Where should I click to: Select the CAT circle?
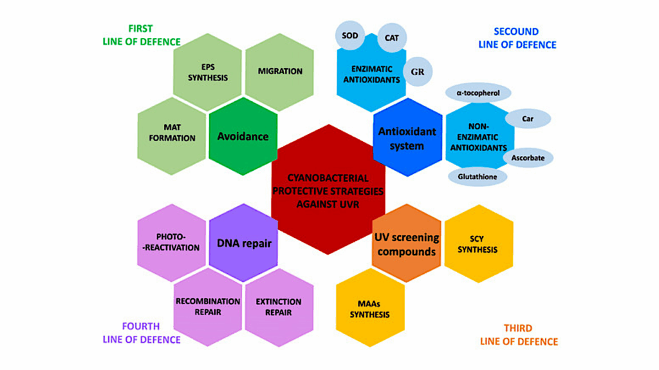point(391,37)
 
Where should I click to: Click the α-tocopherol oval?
point(478,93)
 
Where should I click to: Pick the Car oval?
point(528,119)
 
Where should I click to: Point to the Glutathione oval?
point(477,176)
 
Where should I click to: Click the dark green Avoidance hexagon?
point(243,137)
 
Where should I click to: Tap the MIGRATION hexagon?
point(280,72)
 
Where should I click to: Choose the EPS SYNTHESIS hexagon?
point(207,72)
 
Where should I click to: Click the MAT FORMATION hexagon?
point(172,133)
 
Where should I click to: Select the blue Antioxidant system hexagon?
point(407,137)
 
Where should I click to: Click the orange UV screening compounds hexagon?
point(407,244)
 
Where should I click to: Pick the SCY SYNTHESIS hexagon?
point(478,244)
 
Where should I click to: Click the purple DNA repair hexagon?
point(244,243)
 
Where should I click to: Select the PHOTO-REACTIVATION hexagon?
point(171,242)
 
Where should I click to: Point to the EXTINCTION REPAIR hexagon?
point(279,307)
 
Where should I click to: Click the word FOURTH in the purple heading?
point(141,326)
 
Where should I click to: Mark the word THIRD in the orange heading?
point(518,328)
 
